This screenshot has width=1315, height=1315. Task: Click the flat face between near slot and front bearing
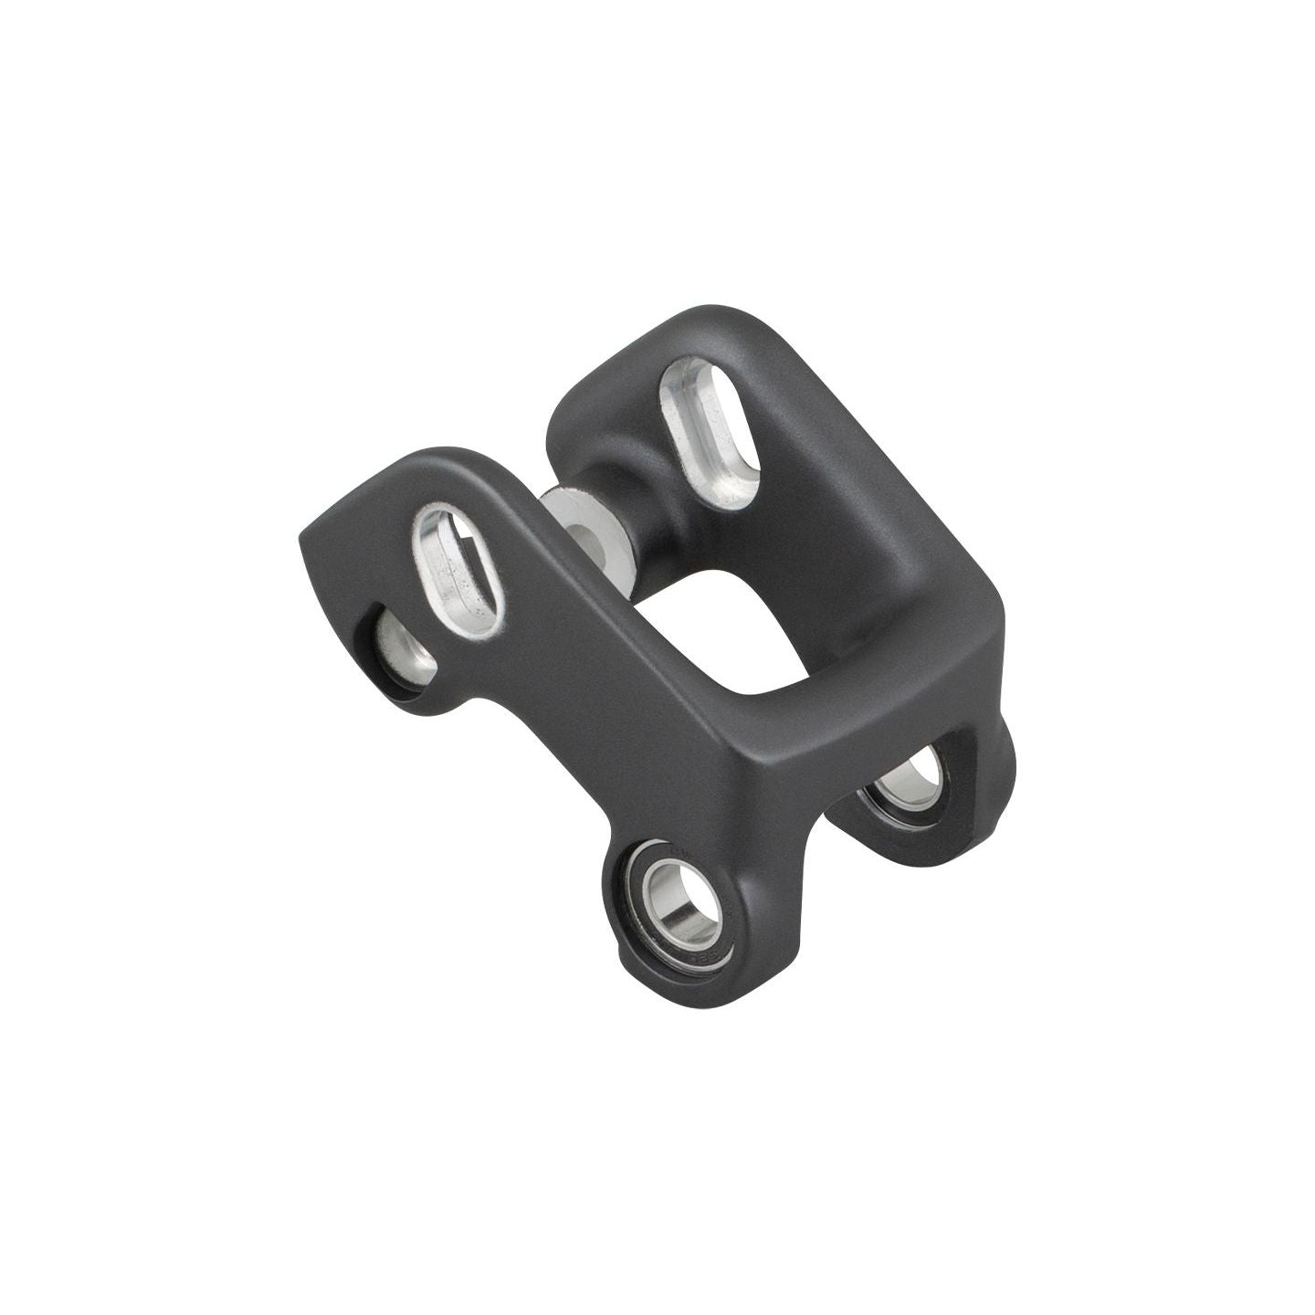[584, 712]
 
